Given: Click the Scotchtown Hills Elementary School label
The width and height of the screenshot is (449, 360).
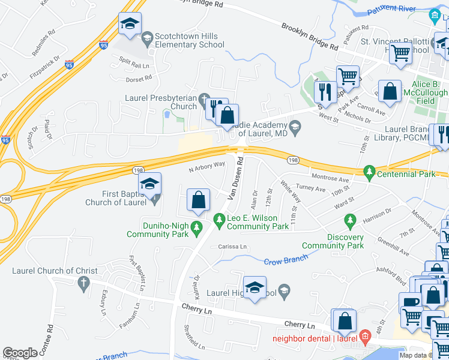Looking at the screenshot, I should pos(190,40).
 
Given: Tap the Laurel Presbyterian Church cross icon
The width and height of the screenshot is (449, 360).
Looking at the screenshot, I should pos(204,98).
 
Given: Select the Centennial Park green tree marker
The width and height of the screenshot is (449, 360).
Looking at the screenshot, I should pos(370,174).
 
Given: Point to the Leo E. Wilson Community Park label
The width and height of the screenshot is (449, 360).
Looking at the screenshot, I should pos(258,222).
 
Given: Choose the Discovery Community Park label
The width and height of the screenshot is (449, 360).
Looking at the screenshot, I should pos(333,241).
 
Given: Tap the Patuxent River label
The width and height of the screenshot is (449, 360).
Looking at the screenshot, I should pos(394,9).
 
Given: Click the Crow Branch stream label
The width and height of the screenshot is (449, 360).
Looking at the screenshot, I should pos(286,259).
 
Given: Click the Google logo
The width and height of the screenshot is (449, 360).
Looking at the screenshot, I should pos(20,353).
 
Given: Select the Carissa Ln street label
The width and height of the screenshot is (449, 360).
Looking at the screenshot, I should pos(232,247).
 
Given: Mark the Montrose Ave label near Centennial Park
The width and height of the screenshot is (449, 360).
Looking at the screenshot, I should pos(330,179).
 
